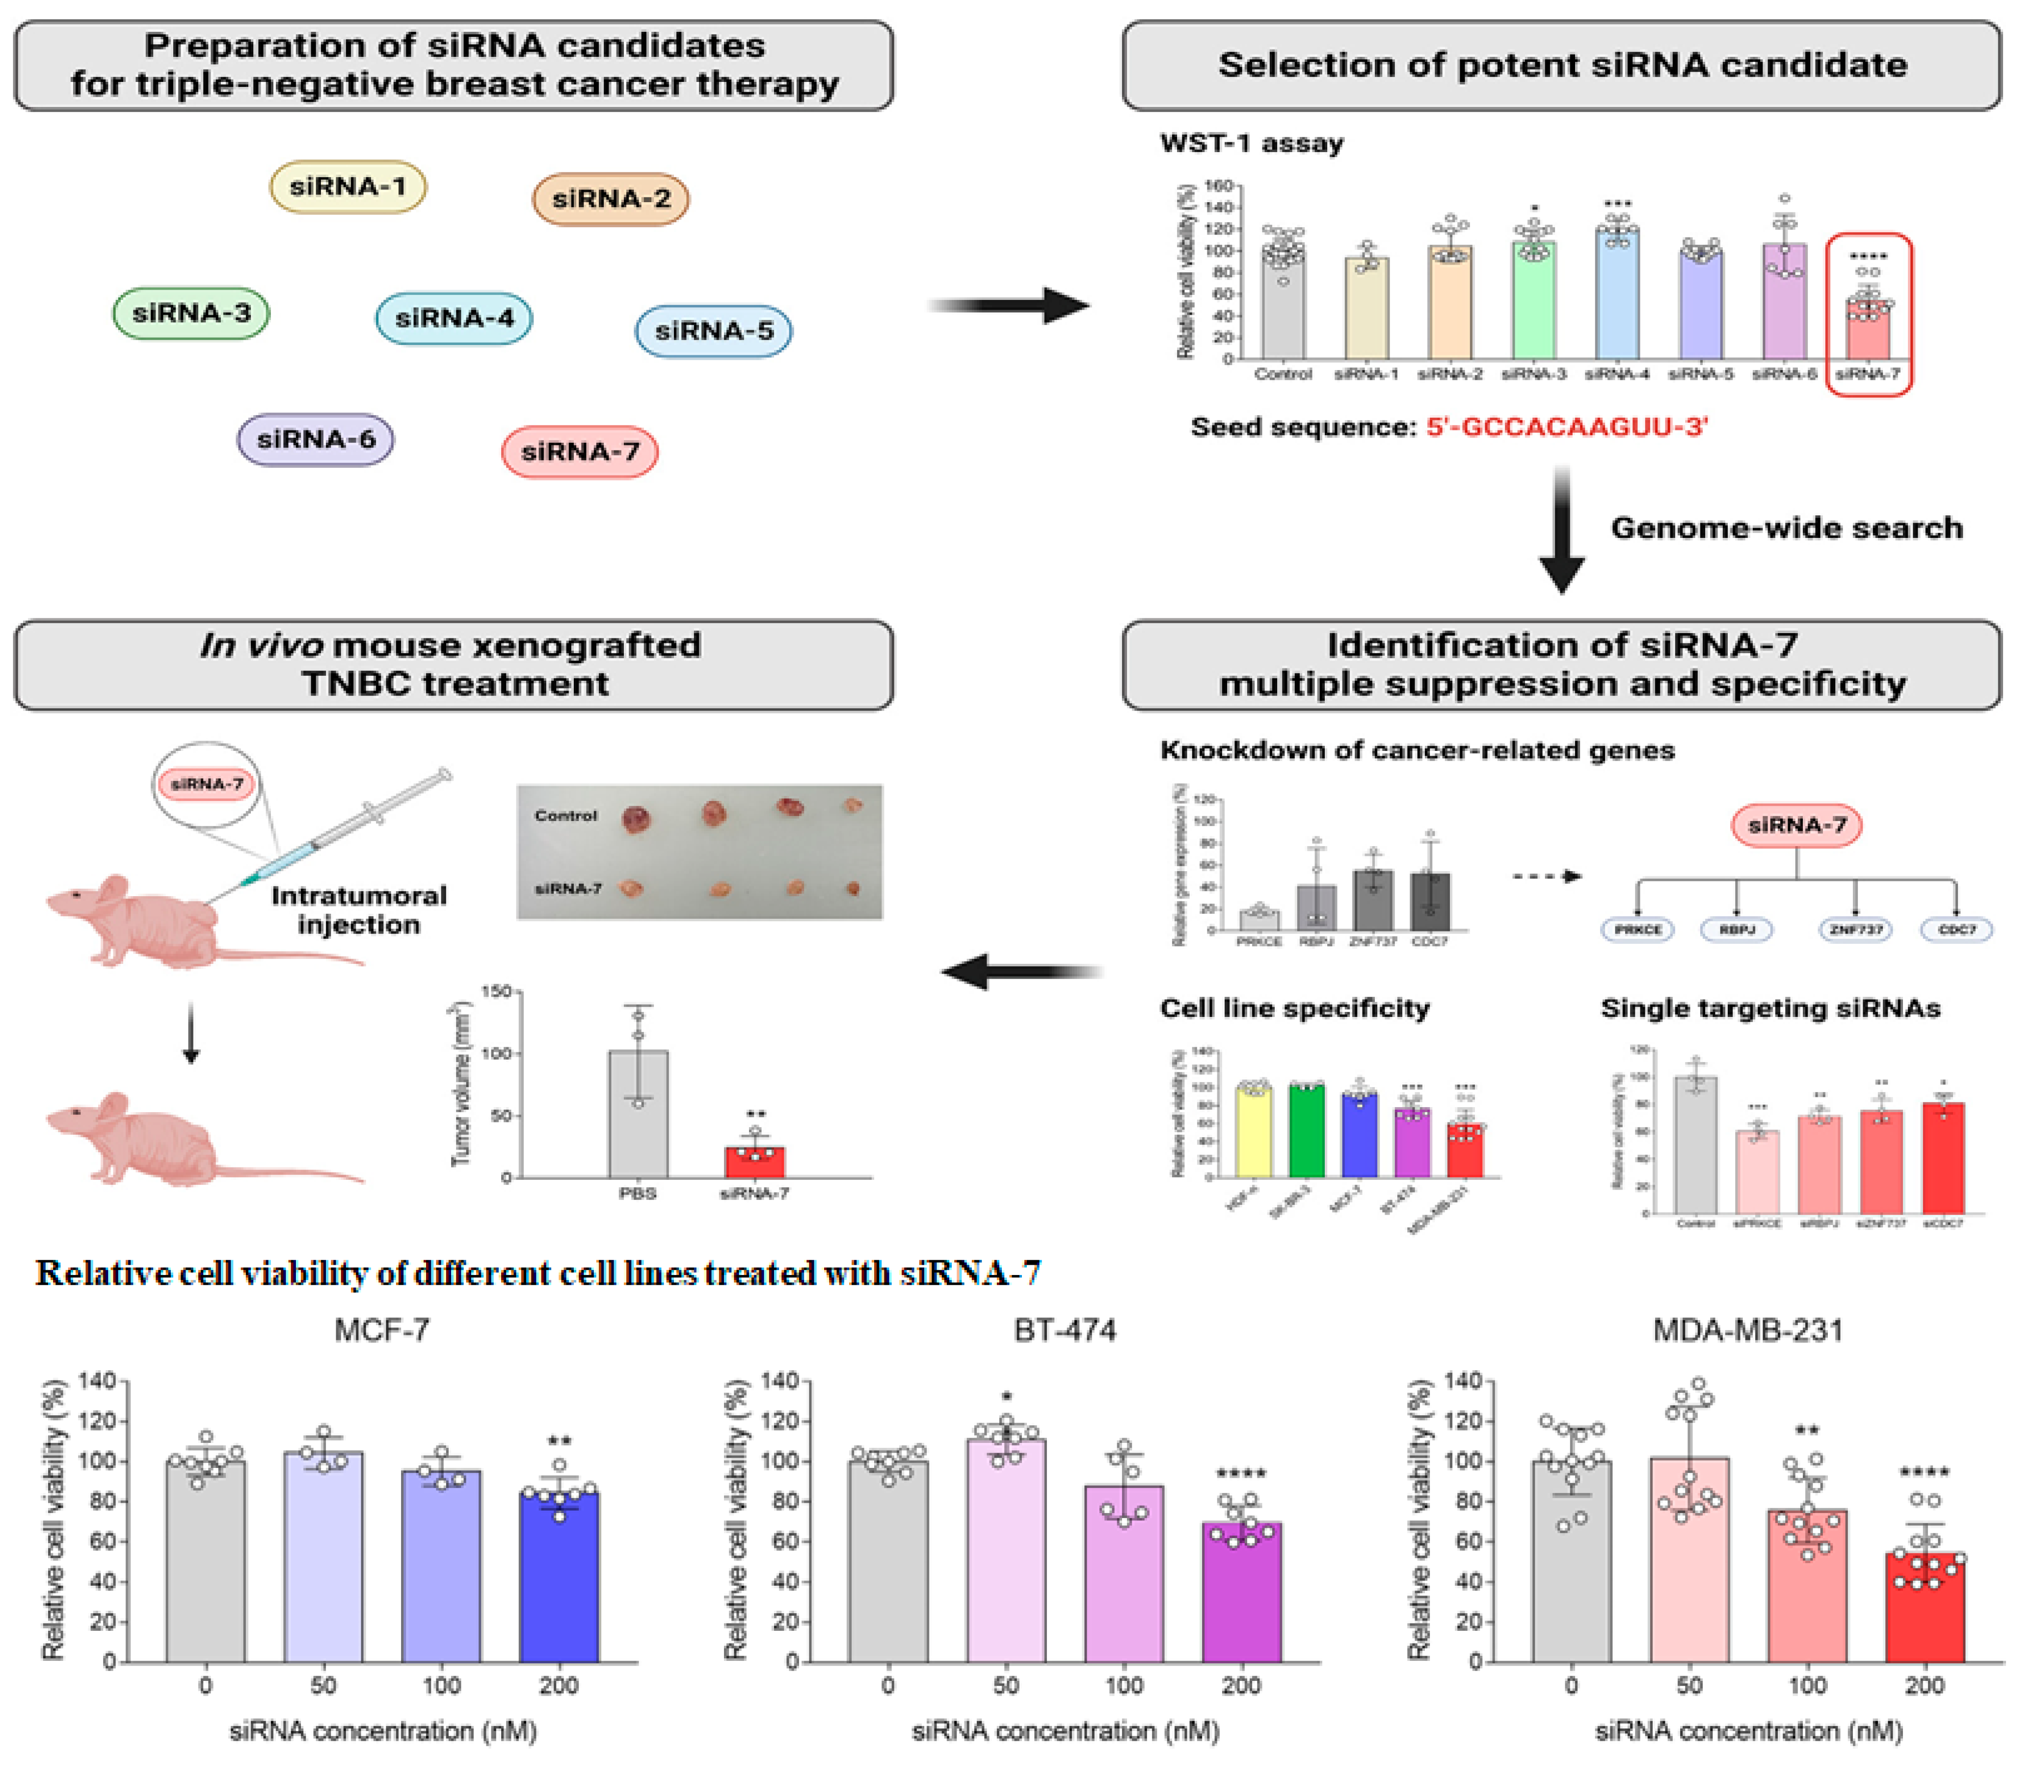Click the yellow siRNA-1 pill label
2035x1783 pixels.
[x=348, y=187]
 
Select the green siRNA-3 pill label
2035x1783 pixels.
[x=191, y=314]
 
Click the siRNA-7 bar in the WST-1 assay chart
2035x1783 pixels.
[x=1868, y=328]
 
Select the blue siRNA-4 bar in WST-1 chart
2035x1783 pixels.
[x=1617, y=293]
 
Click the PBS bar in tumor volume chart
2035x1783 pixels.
[x=638, y=1115]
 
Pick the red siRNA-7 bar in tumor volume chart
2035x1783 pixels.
[x=754, y=1162]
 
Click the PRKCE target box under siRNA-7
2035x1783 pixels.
[x=1638, y=930]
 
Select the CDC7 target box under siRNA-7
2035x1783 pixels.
[x=1956, y=930]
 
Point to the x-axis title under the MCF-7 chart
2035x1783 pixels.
[x=383, y=1731]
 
